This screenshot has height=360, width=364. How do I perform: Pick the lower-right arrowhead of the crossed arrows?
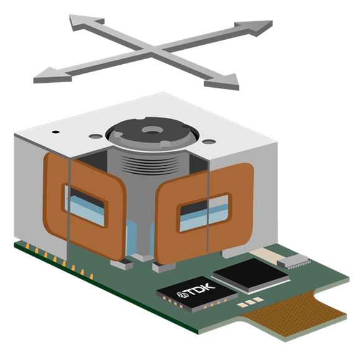tap(222, 82)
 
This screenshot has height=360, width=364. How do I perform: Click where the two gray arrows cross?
tap(152, 50)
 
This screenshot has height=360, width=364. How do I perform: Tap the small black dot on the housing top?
tap(56, 132)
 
